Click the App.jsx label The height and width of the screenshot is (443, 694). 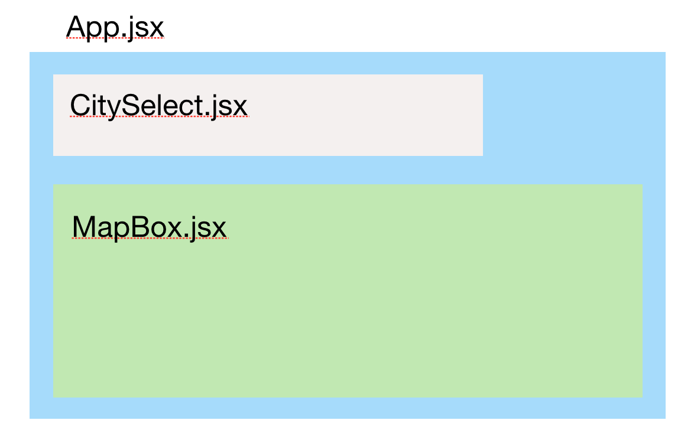tap(115, 26)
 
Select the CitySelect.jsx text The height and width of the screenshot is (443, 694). tap(158, 106)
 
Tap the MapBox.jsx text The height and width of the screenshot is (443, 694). tap(149, 227)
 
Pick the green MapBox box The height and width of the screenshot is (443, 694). tap(355, 313)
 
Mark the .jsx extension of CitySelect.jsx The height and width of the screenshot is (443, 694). tap(228, 107)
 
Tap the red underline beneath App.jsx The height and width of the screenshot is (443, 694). tap(115, 38)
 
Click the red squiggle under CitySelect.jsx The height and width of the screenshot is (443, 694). tap(158, 117)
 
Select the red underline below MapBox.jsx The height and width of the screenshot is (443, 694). tap(149, 239)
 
